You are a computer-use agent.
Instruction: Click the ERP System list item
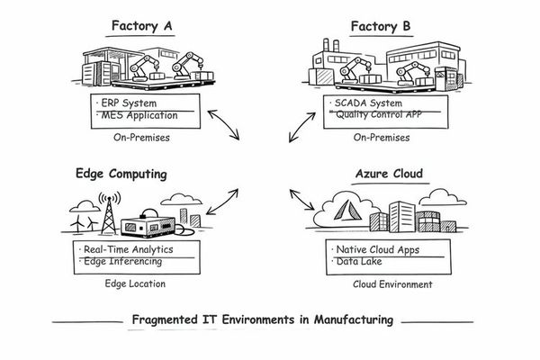132,102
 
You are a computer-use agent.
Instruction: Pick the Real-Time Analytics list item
128,248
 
